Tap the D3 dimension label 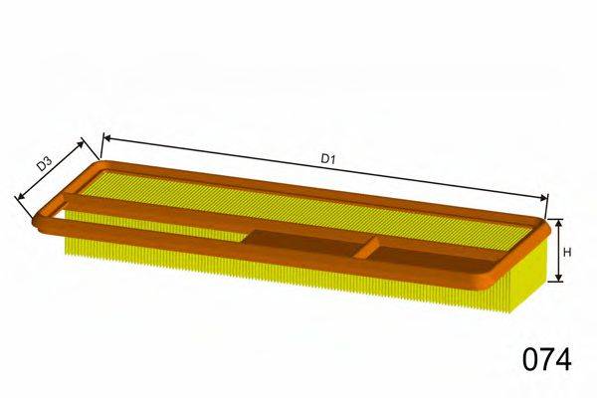[x=44, y=164]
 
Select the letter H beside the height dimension [x=568, y=252]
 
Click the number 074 [x=547, y=359]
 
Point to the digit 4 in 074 [x=564, y=359]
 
